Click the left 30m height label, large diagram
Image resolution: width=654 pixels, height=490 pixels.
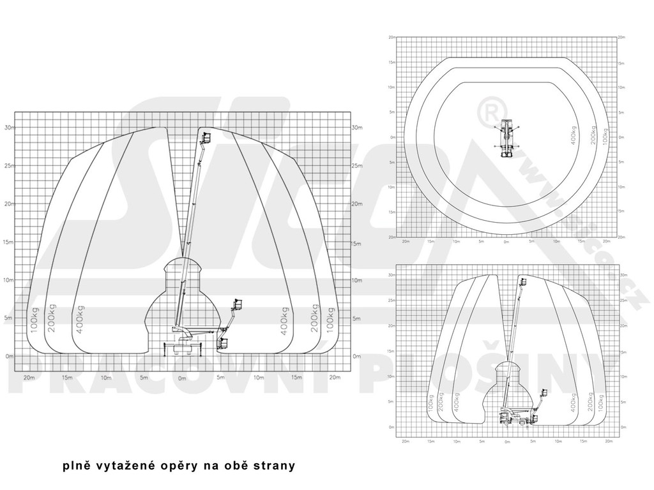click(8, 127)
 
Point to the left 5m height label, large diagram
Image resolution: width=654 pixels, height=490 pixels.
click(9, 318)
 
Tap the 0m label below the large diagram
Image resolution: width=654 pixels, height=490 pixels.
click(182, 378)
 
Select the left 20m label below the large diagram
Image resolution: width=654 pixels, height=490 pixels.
click(28, 378)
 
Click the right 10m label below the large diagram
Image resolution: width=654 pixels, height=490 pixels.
click(259, 378)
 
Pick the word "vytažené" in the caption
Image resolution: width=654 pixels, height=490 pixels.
click(125, 466)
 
